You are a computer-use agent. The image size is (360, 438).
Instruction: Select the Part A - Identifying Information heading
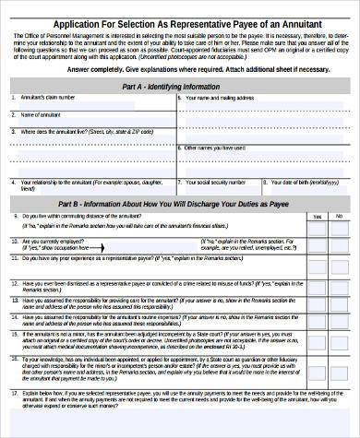[x=183, y=86]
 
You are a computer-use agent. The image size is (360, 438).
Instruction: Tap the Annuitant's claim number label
[x=45, y=97]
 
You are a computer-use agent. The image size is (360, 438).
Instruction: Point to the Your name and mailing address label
[x=219, y=97]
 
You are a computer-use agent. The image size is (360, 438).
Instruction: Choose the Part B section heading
[x=183, y=202]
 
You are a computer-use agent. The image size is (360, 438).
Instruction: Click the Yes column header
[x=316, y=216]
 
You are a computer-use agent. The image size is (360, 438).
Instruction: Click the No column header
[x=341, y=216]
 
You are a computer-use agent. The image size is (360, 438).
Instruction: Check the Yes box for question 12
[x=316, y=286]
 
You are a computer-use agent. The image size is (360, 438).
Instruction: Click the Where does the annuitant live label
[x=73, y=131]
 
